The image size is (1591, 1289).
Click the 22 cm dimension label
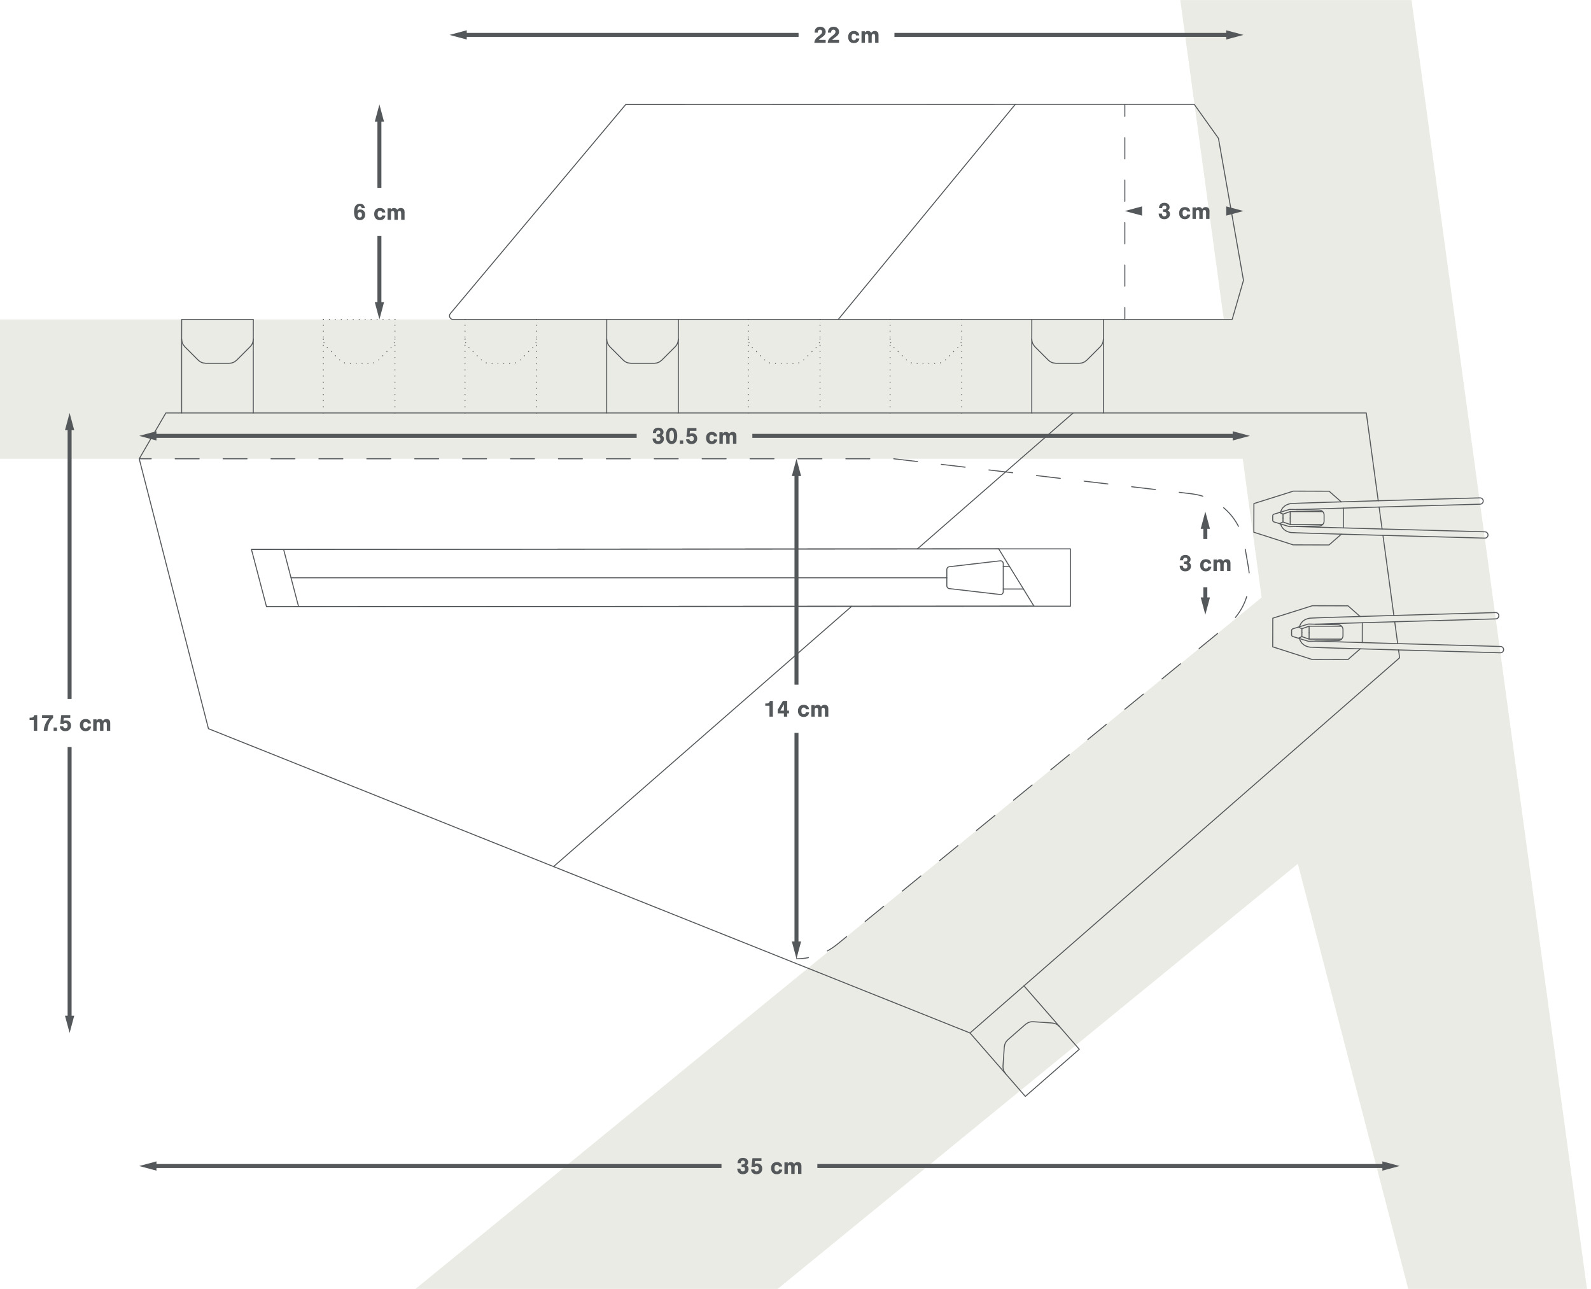[x=846, y=36]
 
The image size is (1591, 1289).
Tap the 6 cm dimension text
[x=379, y=213]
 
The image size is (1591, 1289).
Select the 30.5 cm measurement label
[x=694, y=437]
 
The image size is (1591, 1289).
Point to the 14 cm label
[x=797, y=709]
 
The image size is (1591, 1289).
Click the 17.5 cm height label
[x=70, y=723]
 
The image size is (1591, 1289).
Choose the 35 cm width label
[x=769, y=1166]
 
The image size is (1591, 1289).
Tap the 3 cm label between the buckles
[x=1205, y=563]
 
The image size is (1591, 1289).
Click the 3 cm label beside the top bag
[x=1184, y=211]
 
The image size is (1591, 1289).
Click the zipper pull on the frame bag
[x=975, y=577]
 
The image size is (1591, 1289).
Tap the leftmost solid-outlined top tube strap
[x=218, y=367]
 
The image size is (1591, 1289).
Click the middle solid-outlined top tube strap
[x=642, y=367]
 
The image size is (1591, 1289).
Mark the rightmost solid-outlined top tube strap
[x=1067, y=367]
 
